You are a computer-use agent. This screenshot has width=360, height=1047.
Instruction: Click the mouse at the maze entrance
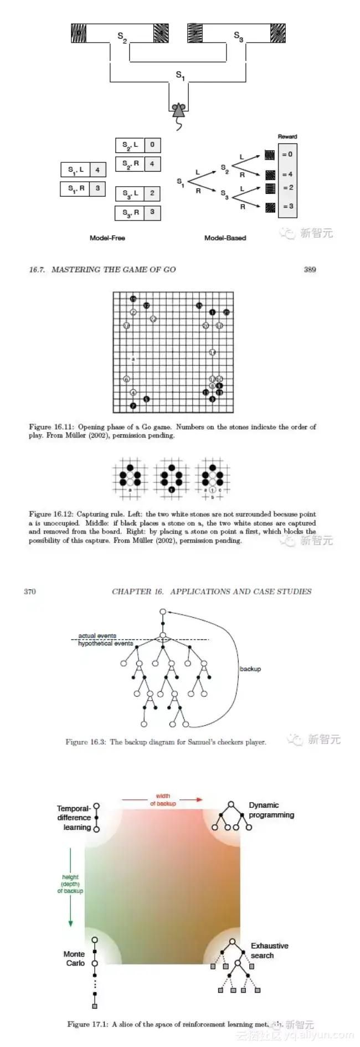pos(179,111)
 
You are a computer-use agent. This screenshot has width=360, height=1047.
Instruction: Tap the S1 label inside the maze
pos(180,75)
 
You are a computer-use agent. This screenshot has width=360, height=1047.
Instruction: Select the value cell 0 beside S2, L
pos(152,145)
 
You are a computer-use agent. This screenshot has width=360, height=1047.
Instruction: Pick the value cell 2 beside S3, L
pos(152,193)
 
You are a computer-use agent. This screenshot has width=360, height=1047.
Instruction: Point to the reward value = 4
pos(287,174)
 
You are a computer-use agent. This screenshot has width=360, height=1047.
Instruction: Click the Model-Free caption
pos(107,238)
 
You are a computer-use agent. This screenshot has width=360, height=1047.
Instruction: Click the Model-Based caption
pos(225,238)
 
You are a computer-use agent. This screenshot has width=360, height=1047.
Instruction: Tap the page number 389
pos(310,270)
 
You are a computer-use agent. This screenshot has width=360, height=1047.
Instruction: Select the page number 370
pos(30,592)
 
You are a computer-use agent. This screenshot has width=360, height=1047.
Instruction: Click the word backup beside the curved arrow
pos(250,669)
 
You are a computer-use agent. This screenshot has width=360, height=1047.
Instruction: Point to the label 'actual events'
pos(97,636)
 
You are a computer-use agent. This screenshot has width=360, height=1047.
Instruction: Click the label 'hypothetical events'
pos(105,644)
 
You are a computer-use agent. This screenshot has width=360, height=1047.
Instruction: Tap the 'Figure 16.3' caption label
pos(85,742)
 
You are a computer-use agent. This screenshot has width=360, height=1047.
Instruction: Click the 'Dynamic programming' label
pos(271,810)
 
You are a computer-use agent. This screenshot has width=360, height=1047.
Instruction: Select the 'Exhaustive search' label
pos(269,951)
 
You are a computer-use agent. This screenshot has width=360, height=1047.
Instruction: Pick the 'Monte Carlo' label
pos(74,958)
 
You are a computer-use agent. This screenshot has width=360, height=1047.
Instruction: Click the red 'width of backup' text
pos(163,800)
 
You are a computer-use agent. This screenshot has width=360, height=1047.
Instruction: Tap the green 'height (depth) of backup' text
pos(70,884)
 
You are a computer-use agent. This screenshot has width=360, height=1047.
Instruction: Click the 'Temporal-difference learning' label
pos(74,817)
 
